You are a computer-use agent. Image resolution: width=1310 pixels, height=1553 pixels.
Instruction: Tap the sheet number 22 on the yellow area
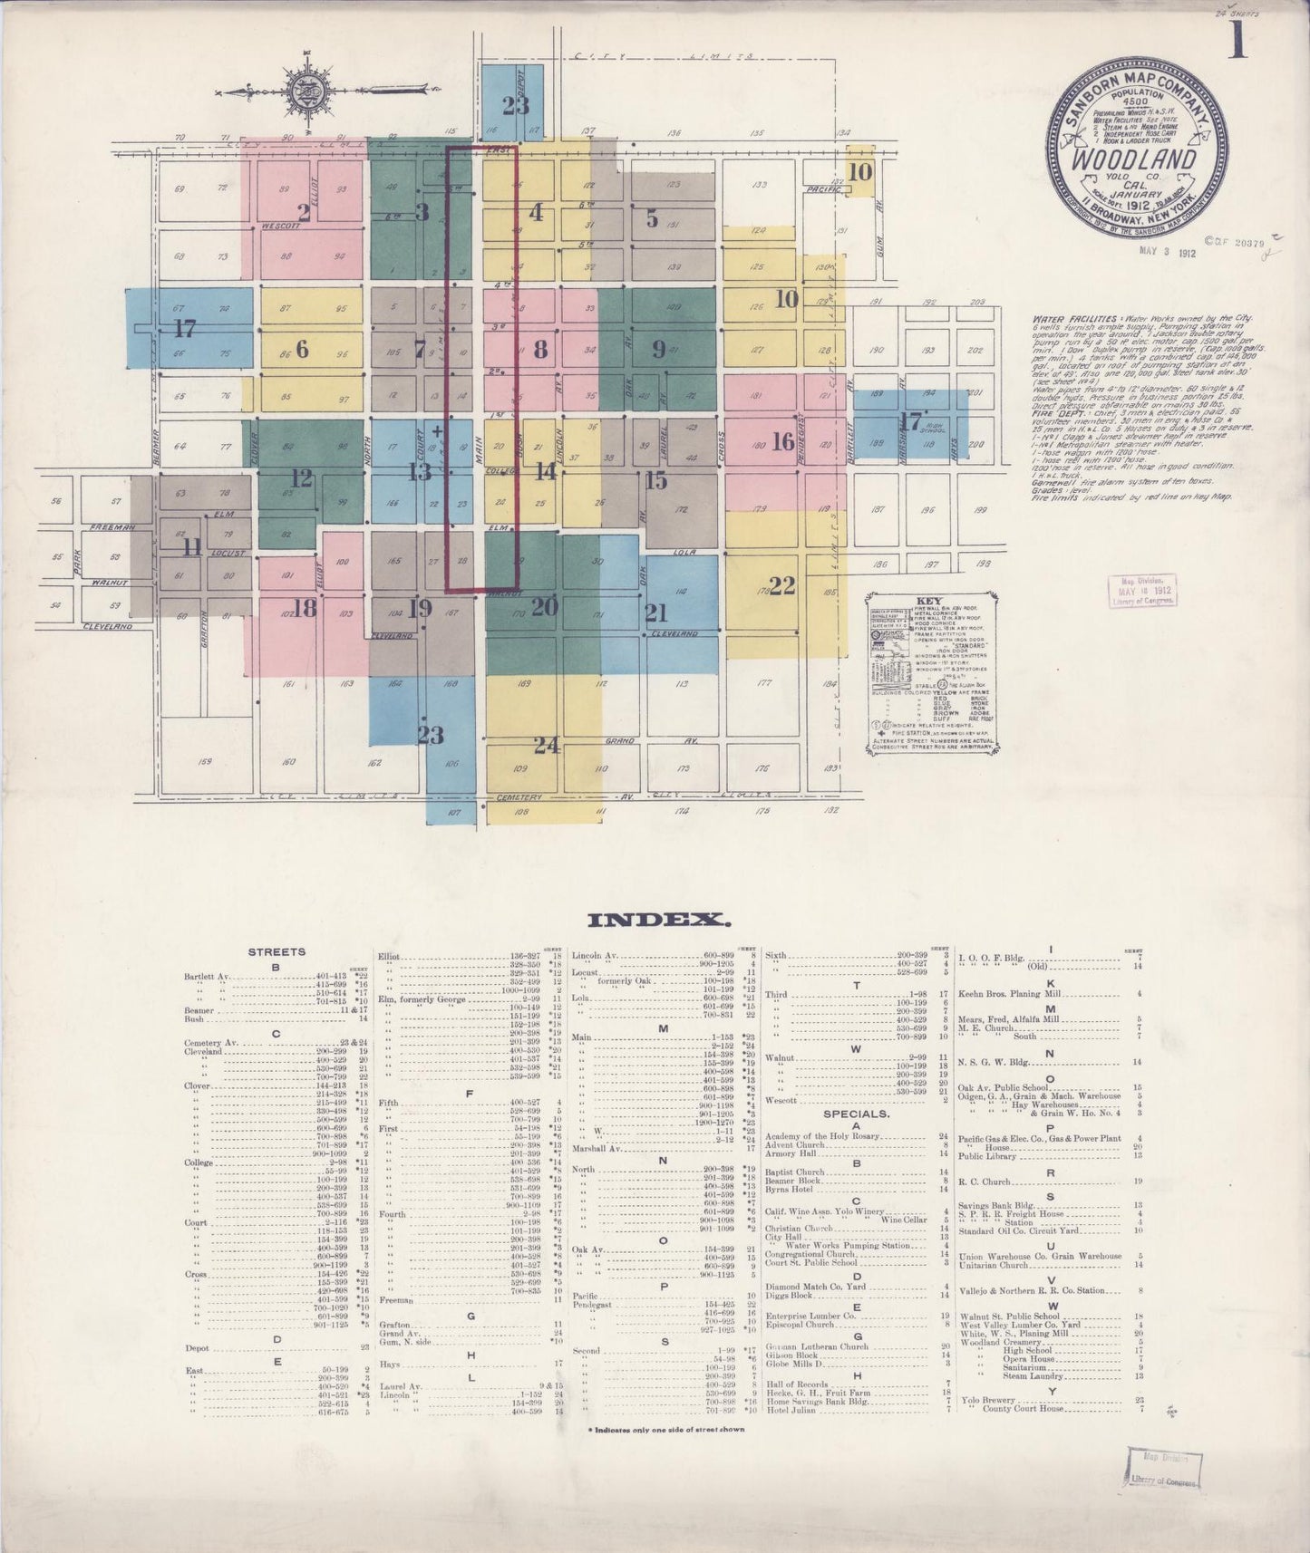pos(781,583)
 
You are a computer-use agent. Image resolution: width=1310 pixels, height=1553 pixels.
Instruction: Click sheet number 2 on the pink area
pos(304,213)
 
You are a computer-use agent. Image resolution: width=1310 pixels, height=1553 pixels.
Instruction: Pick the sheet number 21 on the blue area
pos(655,613)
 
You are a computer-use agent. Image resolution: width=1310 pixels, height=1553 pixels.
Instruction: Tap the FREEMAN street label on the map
pos(112,526)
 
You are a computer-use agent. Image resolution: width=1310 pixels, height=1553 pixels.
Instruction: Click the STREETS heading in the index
pos(277,952)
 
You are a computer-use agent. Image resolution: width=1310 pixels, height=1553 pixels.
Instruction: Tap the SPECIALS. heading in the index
pos(855,1114)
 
